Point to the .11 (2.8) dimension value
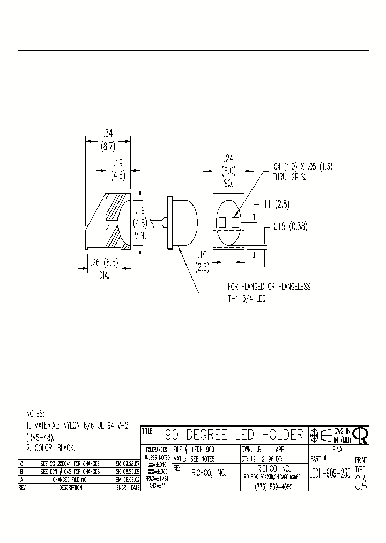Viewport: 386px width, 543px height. tap(275, 204)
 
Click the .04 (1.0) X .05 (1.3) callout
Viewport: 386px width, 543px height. tap(299, 167)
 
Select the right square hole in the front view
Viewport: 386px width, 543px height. tap(235, 221)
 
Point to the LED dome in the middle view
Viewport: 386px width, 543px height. tap(185, 222)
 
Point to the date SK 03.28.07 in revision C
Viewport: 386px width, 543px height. tap(128, 463)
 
